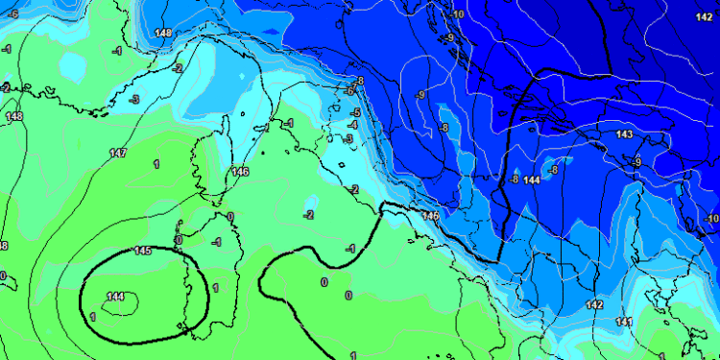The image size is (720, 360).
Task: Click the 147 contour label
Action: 118,154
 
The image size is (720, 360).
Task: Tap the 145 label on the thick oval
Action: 143,251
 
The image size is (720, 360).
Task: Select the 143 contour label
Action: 624,134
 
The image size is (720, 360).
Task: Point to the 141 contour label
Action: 624,321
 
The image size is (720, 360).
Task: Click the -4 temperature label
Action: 353,125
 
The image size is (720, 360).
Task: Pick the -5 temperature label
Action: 354,112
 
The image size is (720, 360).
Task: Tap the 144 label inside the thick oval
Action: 116,296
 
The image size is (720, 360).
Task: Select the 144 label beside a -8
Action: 531,180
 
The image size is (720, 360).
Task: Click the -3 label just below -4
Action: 348,138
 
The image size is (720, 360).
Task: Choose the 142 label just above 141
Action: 594,304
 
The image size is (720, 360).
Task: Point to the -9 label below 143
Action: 636,162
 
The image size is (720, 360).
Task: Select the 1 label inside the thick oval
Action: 92,316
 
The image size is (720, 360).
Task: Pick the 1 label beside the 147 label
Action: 156,164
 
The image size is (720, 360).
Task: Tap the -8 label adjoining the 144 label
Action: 515,180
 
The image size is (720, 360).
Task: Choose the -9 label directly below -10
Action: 449,37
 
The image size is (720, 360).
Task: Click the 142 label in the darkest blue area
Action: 704,16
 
